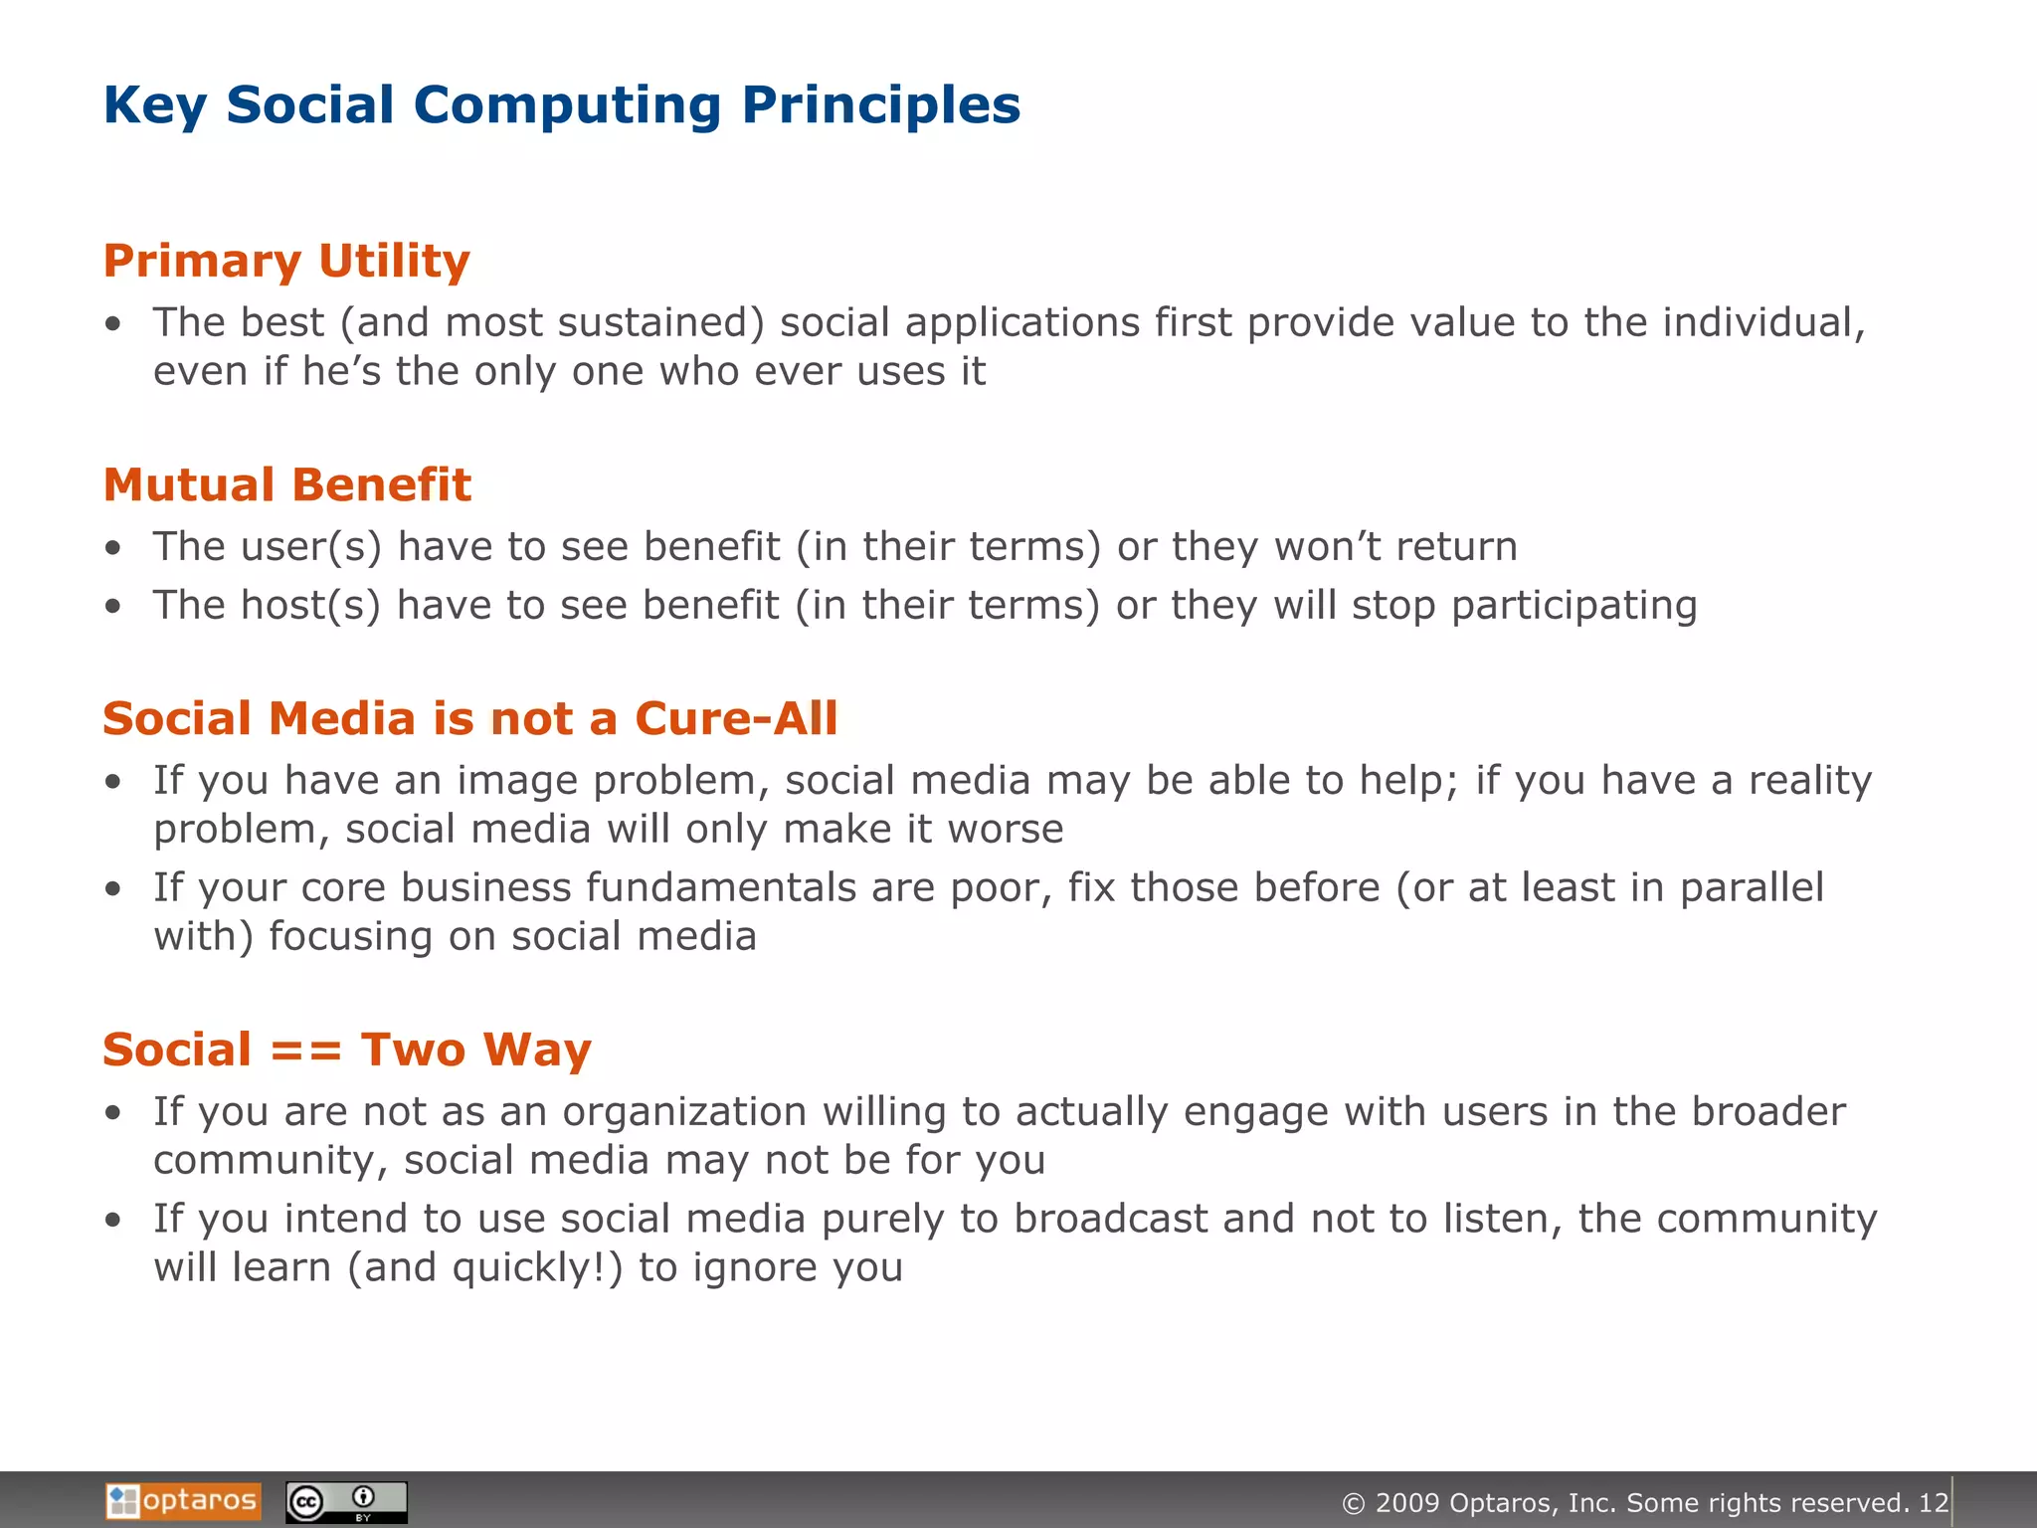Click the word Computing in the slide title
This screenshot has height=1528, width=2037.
(567, 105)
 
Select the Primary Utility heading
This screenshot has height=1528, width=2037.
(286, 262)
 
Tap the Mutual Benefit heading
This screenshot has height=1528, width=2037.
(286, 485)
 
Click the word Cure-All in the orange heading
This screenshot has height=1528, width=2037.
(736, 719)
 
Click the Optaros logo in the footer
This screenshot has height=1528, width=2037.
(183, 1500)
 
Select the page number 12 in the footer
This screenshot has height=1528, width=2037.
(1933, 1503)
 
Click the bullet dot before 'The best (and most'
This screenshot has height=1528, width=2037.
(114, 324)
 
